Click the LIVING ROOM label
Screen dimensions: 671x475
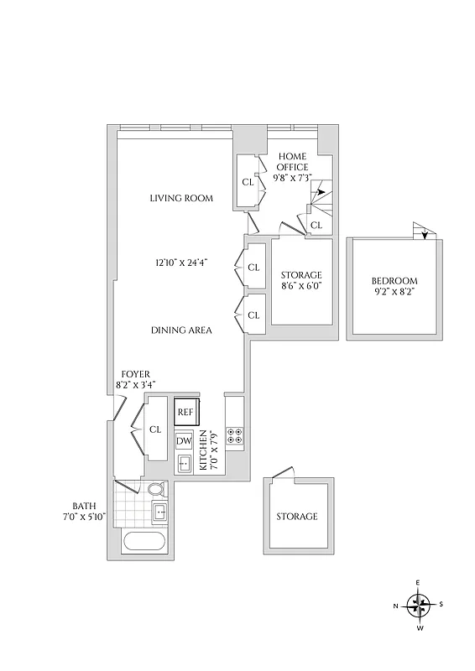(181, 199)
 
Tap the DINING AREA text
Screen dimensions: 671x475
(181, 330)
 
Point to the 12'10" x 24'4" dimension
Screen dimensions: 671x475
(181, 263)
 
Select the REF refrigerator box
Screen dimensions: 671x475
(185, 413)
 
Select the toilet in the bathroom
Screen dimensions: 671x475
(156, 490)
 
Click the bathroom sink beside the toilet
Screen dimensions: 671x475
(159, 512)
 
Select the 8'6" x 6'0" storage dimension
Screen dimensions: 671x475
(300, 285)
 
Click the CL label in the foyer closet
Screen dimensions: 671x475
(155, 429)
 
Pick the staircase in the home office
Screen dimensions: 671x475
(321, 200)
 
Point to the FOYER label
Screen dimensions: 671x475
(135, 373)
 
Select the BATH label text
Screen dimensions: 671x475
(84, 506)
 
